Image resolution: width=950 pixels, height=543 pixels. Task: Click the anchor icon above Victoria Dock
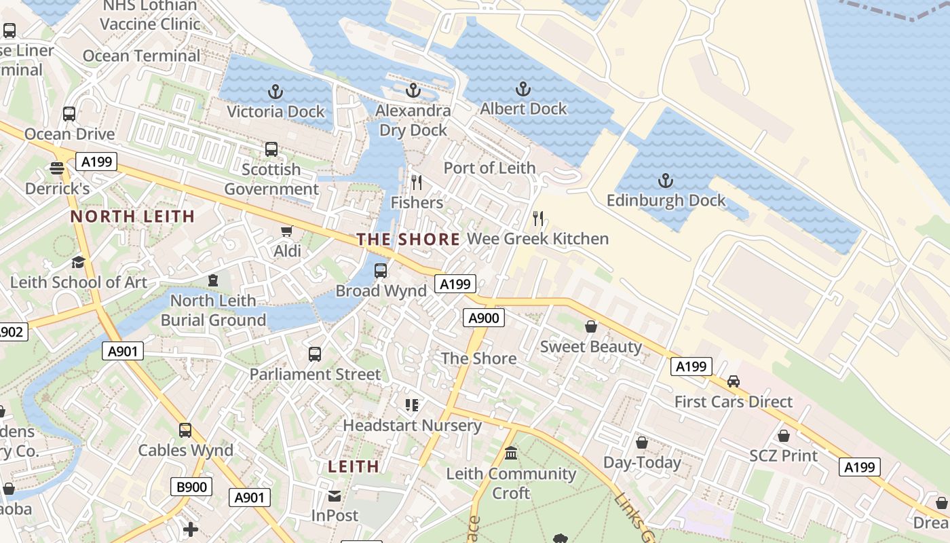(275, 91)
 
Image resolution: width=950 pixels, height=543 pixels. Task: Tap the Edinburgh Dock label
(666, 200)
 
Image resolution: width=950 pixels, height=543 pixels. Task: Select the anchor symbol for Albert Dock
(522, 89)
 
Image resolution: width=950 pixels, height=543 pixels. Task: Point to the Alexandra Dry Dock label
(413, 120)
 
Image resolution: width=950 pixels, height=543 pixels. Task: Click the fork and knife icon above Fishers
(417, 183)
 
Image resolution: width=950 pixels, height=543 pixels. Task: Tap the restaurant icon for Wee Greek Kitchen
(538, 219)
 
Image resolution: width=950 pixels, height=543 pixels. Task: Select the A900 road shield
(484, 318)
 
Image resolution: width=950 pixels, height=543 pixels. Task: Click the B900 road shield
(191, 487)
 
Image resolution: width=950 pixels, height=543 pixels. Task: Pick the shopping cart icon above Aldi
(287, 231)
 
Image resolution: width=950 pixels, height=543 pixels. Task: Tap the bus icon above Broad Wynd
(381, 271)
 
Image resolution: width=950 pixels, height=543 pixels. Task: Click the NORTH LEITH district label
(133, 217)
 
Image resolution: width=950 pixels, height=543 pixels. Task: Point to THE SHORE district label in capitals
(408, 239)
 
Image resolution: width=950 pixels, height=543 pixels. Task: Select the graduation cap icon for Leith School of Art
(79, 262)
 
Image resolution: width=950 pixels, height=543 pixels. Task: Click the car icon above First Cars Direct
(734, 381)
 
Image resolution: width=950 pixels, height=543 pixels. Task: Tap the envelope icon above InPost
(335, 496)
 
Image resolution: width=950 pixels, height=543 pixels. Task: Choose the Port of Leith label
(489, 168)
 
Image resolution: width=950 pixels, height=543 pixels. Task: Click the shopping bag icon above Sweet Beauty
(591, 327)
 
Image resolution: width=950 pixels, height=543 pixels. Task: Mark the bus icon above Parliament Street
(315, 354)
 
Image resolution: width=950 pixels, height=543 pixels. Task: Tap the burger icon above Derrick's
(57, 168)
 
